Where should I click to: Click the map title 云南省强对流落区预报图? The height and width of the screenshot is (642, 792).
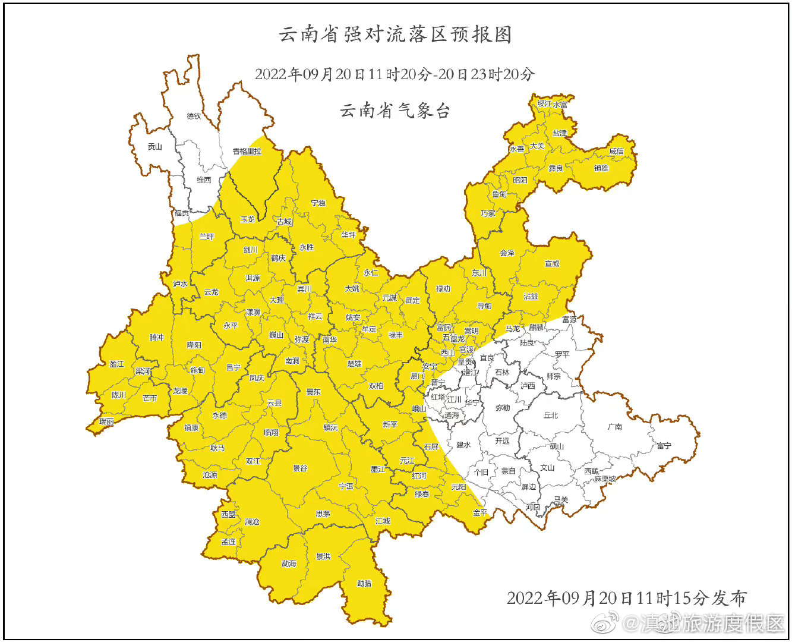coord(395,34)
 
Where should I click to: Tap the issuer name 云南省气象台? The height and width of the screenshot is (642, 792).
coord(395,111)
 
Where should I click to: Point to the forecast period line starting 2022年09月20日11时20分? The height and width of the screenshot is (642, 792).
coord(395,74)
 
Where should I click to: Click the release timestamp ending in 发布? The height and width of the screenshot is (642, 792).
coord(626,597)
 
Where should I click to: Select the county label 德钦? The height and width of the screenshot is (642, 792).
coord(194,116)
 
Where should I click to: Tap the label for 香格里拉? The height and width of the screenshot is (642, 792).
coord(247,152)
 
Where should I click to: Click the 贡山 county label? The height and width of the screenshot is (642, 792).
coord(154,146)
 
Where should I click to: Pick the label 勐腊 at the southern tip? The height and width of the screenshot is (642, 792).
coord(364,583)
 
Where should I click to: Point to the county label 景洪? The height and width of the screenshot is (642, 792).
coord(323,556)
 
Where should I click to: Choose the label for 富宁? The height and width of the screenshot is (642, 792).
coord(664,445)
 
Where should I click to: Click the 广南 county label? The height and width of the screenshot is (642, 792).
coord(615,426)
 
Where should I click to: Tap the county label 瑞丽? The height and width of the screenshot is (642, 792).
coord(106,421)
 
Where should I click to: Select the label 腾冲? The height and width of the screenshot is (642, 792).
coord(156,337)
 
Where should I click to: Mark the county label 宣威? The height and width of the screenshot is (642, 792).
coord(552,263)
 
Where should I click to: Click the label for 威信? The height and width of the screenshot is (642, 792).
coord(617,151)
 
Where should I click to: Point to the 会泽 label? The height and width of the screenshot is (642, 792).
coord(507,253)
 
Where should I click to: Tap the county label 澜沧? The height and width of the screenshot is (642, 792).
coord(252,521)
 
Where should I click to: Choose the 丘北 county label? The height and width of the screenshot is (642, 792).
coord(551,415)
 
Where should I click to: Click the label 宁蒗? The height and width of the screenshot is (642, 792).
coord(318,203)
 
